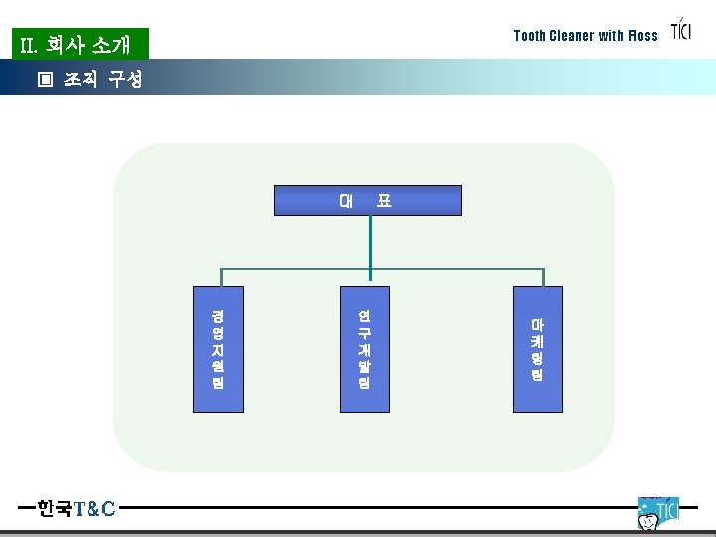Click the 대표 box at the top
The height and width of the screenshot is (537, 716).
368,200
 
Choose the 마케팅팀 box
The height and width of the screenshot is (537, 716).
537,348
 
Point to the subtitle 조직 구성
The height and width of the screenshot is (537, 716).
103,79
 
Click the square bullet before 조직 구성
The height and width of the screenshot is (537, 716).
44,79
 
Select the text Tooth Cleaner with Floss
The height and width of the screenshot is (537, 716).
586,36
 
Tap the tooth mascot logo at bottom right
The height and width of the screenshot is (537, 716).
657,513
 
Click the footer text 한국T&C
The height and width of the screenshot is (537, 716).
77,509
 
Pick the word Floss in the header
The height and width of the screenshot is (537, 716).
642,36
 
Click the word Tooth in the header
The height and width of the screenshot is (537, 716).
530,36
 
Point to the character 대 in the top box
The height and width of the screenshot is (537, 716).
346,200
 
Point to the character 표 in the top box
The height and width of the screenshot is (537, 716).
384,200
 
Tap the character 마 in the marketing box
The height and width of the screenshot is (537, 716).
537,324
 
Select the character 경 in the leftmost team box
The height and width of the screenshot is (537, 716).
217,315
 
